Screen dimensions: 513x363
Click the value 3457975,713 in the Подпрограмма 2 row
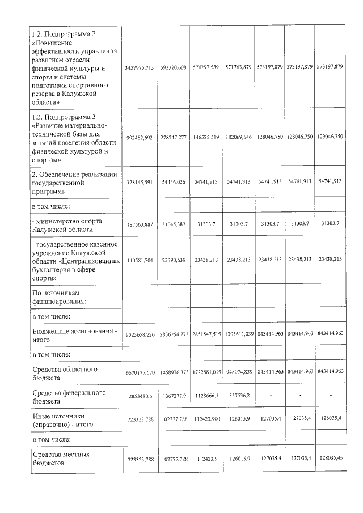[139, 67]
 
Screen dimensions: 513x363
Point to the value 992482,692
[139, 137]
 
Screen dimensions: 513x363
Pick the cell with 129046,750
[330, 137]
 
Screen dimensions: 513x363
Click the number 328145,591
[139, 181]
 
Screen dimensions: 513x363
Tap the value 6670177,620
[139, 372]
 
